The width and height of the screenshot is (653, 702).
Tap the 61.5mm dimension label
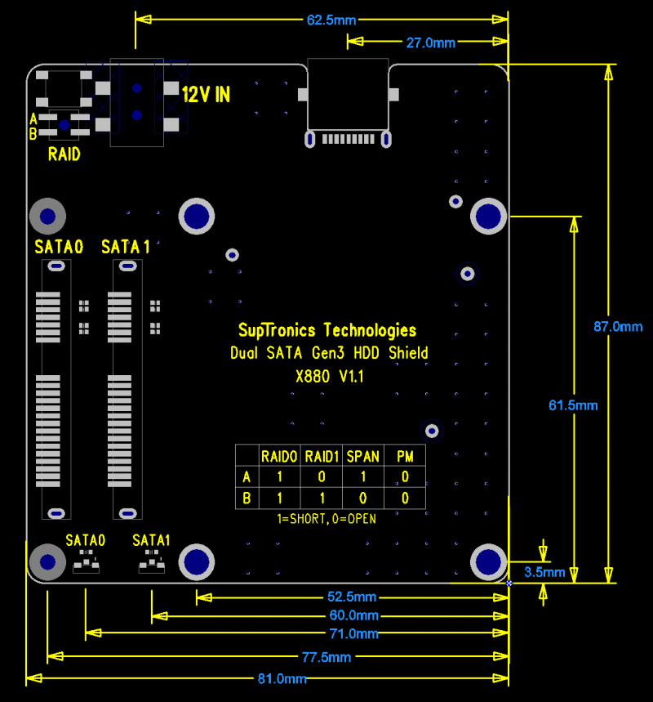pyautogui.click(x=573, y=405)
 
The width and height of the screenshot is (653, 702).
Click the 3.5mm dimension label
pyautogui.click(x=544, y=572)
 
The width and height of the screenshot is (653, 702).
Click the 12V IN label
pyautogui.click(x=206, y=95)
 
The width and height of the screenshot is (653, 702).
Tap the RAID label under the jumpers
pyautogui.click(x=64, y=154)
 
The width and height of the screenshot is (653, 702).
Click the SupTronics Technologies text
pyautogui.click(x=327, y=330)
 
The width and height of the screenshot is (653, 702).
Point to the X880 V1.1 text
pyautogui.click(x=329, y=377)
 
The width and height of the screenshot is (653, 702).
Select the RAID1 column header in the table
pyautogui.click(x=322, y=456)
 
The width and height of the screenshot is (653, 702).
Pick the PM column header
pyautogui.click(x=405, y=456)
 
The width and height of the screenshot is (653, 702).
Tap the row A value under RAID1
pyautogui.click(x=322, y=477)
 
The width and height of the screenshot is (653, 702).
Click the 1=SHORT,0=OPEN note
pyautogui.click(x=327, y=519)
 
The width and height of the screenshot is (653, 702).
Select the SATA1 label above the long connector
pyautogui.click(x=125, y=247)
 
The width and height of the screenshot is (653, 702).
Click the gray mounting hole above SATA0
pyautogui.click(x=47, y=217)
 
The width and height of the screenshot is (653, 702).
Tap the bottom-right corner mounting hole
pyautogui.click(x=488, y=561)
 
